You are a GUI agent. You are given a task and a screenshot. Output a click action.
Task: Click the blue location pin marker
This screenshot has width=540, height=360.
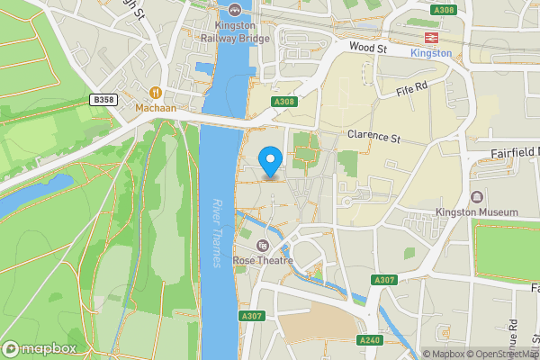pos(271,161)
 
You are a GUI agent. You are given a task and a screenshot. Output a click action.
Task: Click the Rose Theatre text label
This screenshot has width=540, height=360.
pos(263,260)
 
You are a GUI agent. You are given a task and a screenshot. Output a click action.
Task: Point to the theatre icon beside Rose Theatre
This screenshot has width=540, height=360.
pos(263,246)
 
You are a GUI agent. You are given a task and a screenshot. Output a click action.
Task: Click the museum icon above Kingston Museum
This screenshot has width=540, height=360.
pos(476,196)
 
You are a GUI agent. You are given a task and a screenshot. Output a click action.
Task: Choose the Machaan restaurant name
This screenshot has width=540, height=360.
pos(155,108)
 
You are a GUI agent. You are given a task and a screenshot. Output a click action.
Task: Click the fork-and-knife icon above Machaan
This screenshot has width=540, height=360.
pos(155,92)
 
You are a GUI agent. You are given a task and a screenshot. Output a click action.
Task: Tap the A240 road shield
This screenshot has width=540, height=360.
pos(370,340)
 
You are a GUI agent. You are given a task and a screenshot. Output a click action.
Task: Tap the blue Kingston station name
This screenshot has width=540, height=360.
pos(430,53)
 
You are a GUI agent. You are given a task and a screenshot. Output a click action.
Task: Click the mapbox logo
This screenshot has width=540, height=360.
pos(40,348)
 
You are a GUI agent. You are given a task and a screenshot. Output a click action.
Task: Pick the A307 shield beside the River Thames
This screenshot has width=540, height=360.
pos(251,316)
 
